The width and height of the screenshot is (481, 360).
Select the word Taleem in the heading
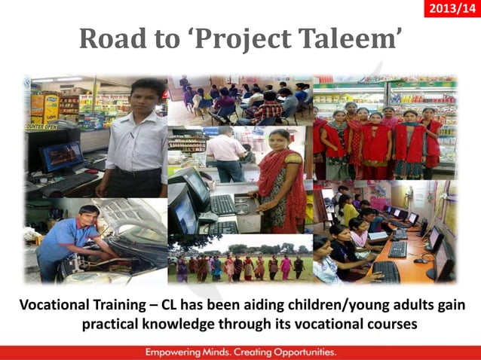click(352, 39)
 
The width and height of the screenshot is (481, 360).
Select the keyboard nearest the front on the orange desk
click(385, 271)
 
